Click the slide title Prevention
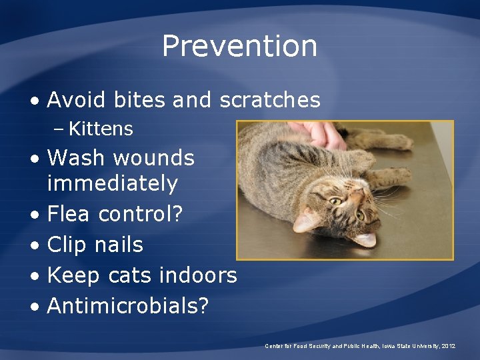[239, 46]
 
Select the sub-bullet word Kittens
[101, 129]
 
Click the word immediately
[113, 183]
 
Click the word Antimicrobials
[122, 305]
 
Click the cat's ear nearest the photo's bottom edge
[363, 238]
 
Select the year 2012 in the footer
[447, 346]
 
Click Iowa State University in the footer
[407, 346]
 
